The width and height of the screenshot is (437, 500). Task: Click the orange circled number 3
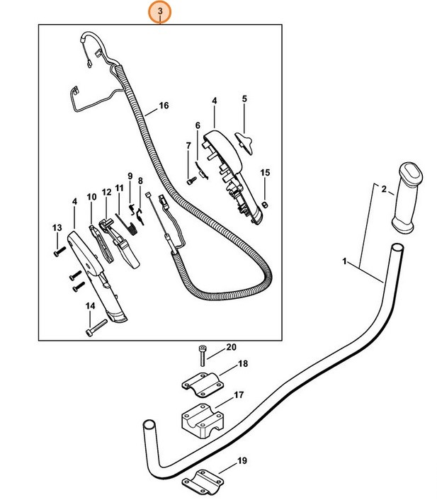(161, 12)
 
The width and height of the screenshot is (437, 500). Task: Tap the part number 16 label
(164, 106)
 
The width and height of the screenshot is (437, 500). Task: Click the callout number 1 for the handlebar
(346, 262)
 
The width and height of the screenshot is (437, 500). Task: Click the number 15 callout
(266, 172)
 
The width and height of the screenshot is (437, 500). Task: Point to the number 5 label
(244, 98)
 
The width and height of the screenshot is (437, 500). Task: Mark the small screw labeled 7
(190, 181)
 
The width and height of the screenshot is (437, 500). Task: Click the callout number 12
(107, 192)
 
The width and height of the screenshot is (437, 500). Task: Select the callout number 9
(130, 176)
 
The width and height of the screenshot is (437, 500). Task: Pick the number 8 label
(140, 181)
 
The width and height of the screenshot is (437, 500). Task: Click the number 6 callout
(198, 125)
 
